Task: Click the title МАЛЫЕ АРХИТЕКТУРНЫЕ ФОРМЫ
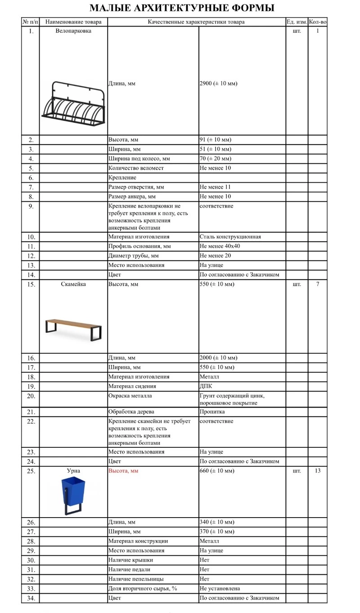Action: coord(182,8)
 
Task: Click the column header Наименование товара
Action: coord(73,22)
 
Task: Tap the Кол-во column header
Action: coord(317,22)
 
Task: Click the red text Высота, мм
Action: coord(123,471)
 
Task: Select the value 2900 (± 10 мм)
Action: coord(218,84)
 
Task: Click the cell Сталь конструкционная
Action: coord(230,237)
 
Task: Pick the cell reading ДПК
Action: coord(206,386)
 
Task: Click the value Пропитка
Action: coord(212,412)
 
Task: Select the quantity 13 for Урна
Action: coord(317,471)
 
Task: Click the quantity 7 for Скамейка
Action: coord(317,284)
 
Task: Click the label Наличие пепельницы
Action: coord(136,579)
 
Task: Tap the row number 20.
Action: coord(31,396)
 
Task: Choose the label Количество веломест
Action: coord(136,168)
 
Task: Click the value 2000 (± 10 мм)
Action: coord(218,358)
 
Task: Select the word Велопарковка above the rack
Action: coord(73,31)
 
